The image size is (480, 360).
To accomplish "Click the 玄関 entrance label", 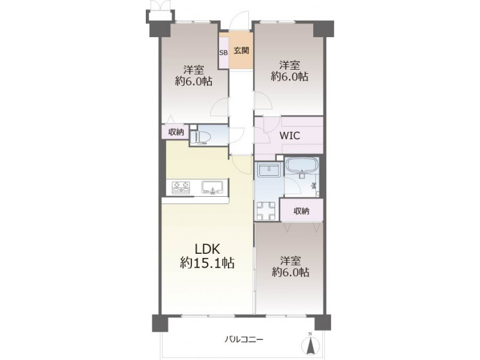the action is (x=241, y=50).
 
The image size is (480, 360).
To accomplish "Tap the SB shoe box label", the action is (x=223, y=52).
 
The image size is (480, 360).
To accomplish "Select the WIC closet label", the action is (x=289, y=136).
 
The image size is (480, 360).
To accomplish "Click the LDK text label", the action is (x=208, y=249).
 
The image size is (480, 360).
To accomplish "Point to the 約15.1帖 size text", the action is (x=207, y=263).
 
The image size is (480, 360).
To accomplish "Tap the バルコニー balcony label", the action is (x=244, y=339).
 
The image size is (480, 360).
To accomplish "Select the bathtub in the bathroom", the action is (x=302, y=167).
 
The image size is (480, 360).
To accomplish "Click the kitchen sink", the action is (x=213, y=187).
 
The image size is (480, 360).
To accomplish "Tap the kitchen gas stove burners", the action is (x=181, y=187).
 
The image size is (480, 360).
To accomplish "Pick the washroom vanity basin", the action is (x=268, y=170).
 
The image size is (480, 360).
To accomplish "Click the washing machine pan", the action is (x=266, y=211).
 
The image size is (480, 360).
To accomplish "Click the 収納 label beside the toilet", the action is (x=176, y=132).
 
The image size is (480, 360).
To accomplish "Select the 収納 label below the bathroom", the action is (x=302, y=211).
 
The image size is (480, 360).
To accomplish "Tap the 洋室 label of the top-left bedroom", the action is (x=194, y=70).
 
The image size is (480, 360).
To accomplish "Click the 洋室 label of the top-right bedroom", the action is (x=289, y=65).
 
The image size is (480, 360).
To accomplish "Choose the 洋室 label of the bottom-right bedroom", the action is (x=290, y=261).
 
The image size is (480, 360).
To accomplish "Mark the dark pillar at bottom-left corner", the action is (x=160, y=323).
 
